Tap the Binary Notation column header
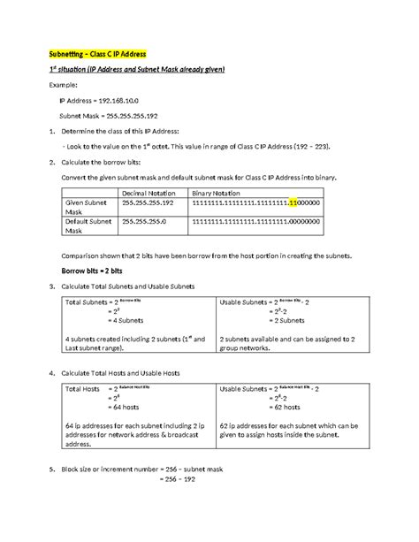[x=217, y=193]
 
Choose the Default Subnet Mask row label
[x=88, y=227]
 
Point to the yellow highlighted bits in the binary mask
[x=293, y=203]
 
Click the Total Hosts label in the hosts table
[x=83, y=388]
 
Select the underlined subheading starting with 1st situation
[x=132, y=70]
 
